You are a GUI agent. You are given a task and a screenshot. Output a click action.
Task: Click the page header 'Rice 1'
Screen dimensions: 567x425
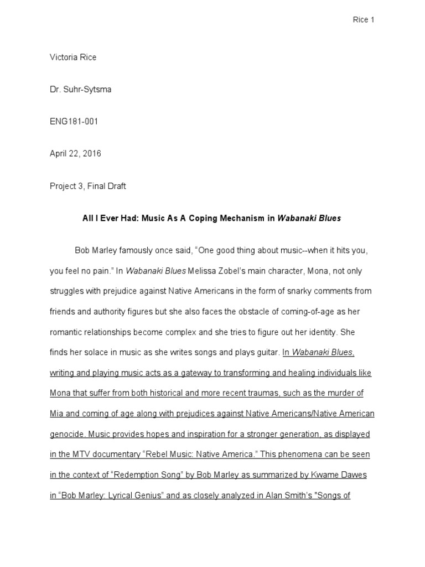pyautogui.click(x=364, y=20)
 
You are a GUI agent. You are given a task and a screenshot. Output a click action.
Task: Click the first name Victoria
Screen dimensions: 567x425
pyautogui.click(x=64, y=58)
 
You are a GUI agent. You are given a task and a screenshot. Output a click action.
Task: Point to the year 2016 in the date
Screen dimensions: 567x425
pyautogui.click(x=92, y=154)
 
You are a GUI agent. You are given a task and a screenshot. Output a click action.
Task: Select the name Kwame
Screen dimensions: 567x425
pyautogui.click(x=312, y=475)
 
